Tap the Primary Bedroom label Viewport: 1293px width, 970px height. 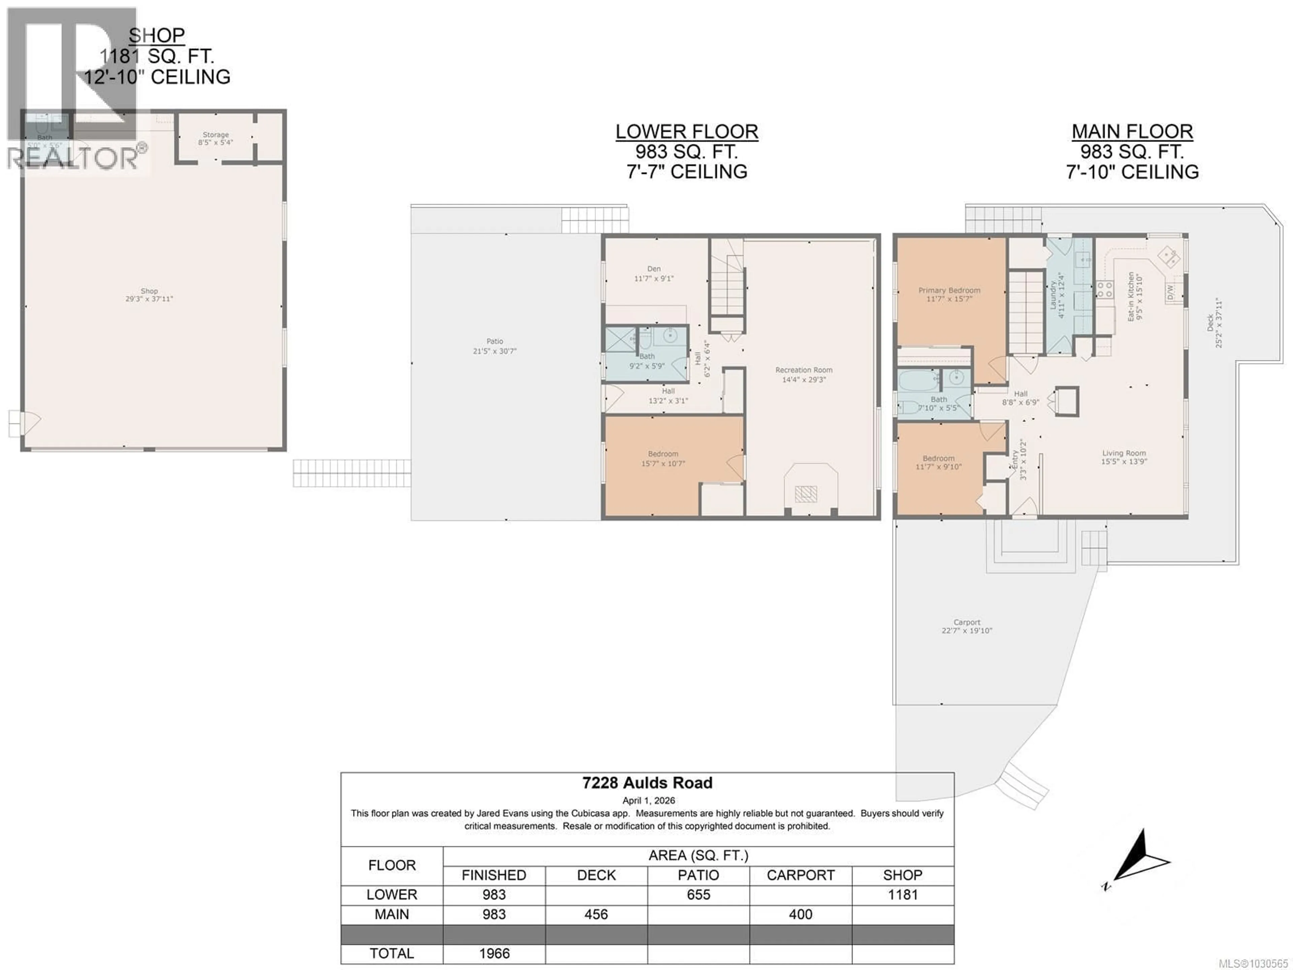[x=949, y=290]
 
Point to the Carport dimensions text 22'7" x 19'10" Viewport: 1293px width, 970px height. [x=966, y=631]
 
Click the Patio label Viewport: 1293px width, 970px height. [x=495, y=341]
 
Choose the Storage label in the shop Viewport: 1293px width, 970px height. [x=216, y=134]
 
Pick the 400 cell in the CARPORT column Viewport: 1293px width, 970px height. [x=800, y=914]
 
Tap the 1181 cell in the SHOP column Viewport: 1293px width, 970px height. [x=902, y=895]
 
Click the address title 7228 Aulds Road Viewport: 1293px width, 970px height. [x=647, y=783]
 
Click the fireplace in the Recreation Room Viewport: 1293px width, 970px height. [x=805, y=494]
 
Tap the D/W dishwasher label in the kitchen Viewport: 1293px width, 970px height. [x=1170, y=291]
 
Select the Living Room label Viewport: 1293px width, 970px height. [x=1124, y=453]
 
